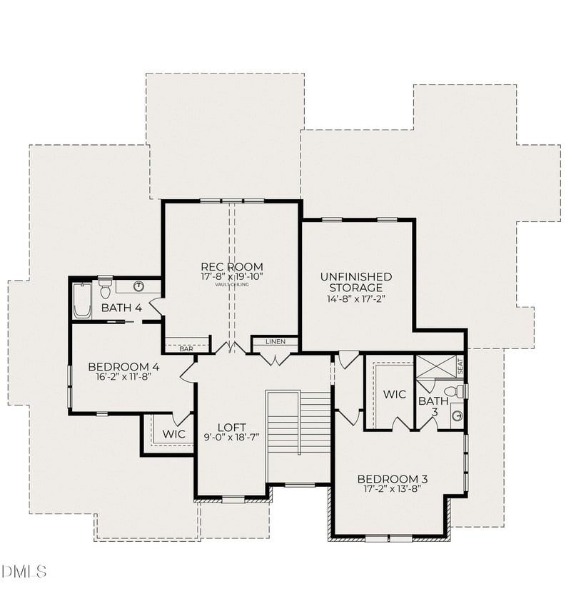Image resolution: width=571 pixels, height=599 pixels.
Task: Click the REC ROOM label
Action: [231, 267]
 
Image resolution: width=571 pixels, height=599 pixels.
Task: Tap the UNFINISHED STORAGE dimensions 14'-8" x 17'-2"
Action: [356, 299]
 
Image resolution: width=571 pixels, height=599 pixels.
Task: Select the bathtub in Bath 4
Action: [81, 301]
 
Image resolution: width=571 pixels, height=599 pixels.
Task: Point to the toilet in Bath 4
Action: [106, 288]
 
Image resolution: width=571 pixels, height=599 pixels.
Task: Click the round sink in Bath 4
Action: [139, 286]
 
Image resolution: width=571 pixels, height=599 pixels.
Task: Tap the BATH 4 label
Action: [121, 308]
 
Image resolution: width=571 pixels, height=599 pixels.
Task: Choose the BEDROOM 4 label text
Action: [123, 367]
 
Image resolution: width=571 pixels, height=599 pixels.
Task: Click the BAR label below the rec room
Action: [186, 349]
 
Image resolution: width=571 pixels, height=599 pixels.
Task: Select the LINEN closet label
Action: [276, 341]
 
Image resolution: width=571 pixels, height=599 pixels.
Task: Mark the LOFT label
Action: [231, 428]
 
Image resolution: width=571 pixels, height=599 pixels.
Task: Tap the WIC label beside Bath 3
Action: [394, 394]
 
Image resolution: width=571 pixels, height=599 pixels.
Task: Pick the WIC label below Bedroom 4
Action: [173, 433]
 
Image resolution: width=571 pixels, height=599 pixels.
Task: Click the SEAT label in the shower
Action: [460, 366]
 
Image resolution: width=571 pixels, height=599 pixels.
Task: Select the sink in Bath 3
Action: [457, 416]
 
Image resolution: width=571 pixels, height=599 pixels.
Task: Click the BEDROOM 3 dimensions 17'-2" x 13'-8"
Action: [392, 489]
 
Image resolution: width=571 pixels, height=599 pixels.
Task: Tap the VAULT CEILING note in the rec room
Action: [231, 284]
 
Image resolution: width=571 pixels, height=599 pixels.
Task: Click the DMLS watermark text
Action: [24, 571]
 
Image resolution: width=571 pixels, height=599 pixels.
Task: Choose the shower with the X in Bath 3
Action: [435, 367]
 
